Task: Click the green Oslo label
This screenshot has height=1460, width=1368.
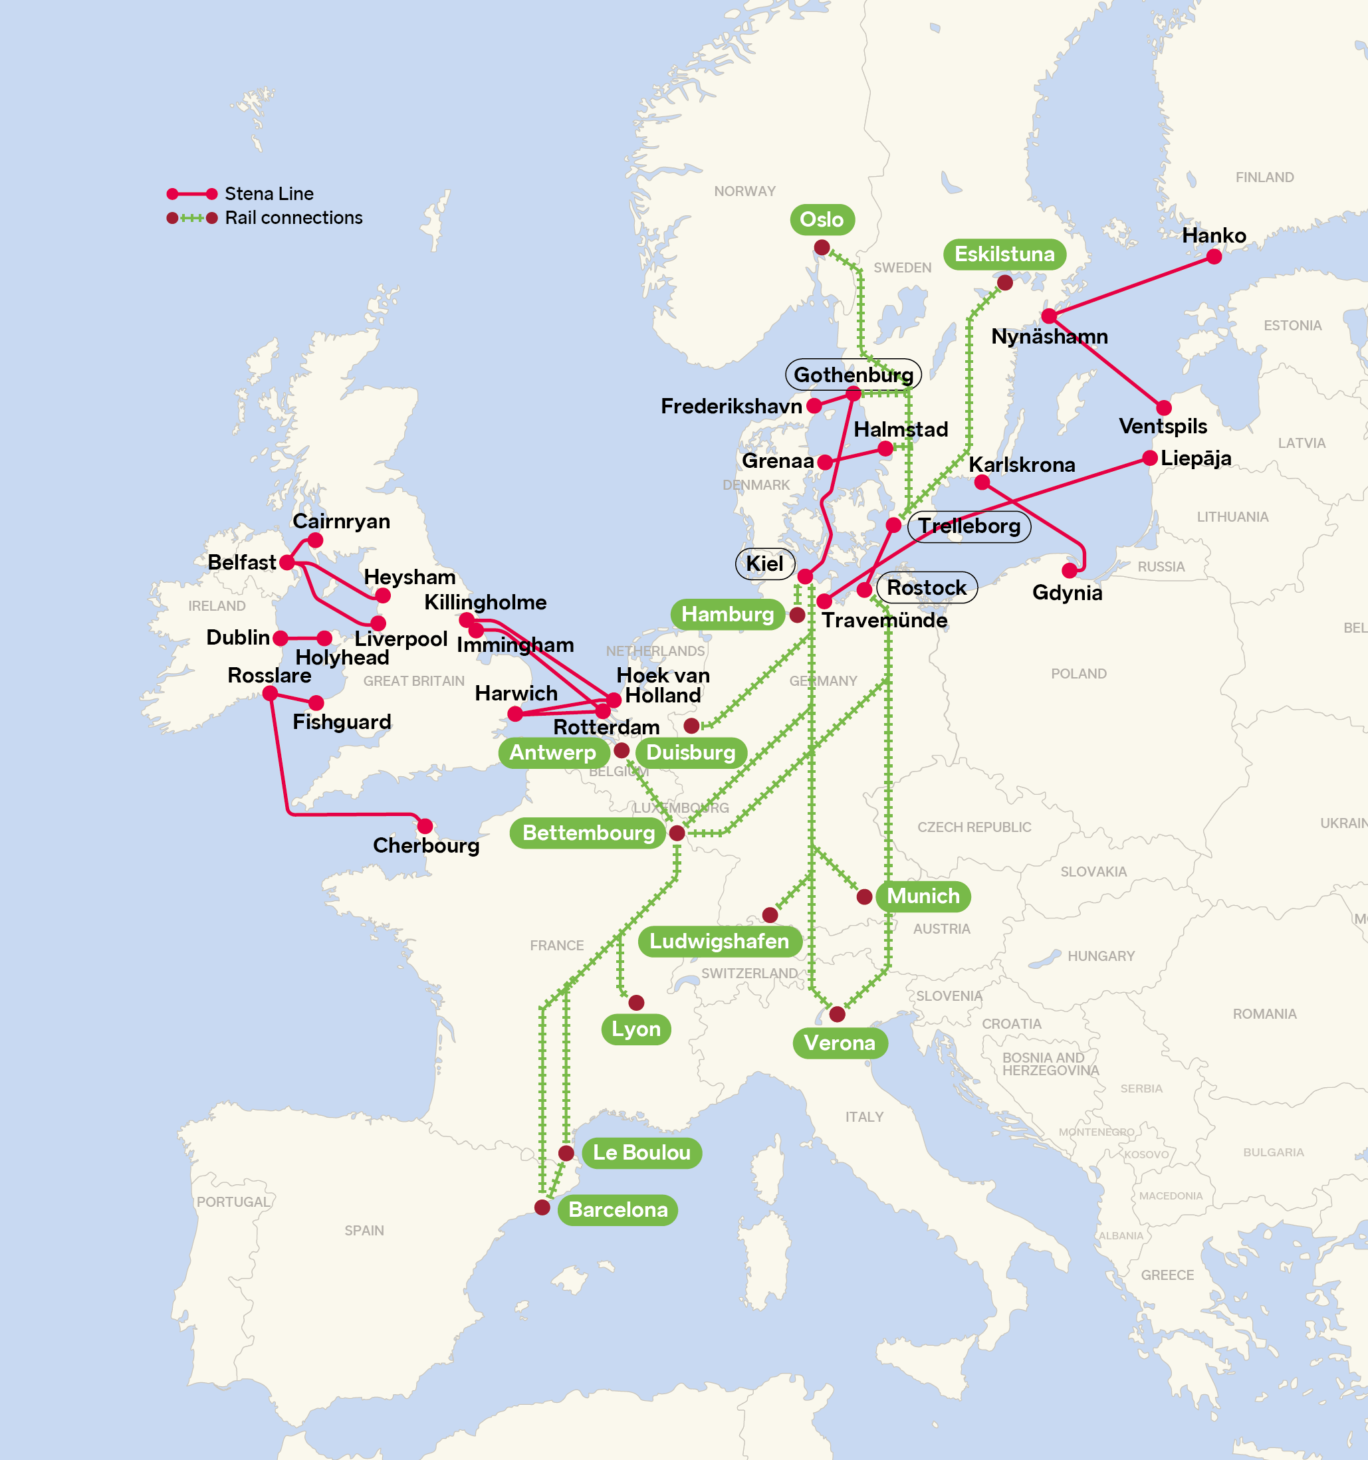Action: pyautogui.click(x=822, y=219)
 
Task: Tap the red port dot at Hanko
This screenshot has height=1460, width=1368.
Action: pyautogui.click(x=1214, y=257)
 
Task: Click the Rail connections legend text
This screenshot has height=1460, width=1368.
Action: pyautogui.click(x=293, y=218)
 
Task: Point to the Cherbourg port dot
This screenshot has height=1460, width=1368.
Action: pyautogui.click(x=425, y=827)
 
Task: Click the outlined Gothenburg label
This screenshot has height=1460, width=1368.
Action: pyautogui.click(x=852, y=375)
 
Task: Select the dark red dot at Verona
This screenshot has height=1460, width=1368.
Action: pyautogui.click(x=837, y=1014)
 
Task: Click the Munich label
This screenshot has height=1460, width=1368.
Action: pyautogui.click(x=923, y=896)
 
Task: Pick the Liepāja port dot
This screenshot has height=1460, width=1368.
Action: pyautogui.click(x=1150, y=459)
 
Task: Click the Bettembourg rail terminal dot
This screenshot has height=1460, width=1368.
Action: pyautogui.click(x=677, y=833)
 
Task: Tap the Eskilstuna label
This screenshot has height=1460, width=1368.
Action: pyautogui.click(x=1004, y=254)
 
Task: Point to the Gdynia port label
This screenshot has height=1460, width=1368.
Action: pyautogui.click(x=1067, y=593)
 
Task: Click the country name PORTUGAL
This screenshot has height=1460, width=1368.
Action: pyautogui.click(x=233, y=1202)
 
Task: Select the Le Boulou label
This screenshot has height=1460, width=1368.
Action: pyautogui.click(x=641, y=1152)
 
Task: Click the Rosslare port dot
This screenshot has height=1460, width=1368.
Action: pyautogui.click(x=271, y=693)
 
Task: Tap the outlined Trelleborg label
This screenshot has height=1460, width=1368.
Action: pyautogui.click(x=969, y=526)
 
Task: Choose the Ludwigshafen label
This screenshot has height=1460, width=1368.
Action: pyautogui.click(x=719, y=942)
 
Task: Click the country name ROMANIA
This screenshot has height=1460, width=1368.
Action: pyautogui.click(x=1264, y=1014)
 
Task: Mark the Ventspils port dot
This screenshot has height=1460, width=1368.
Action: pyautogui.click(x=1164, y=407)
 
